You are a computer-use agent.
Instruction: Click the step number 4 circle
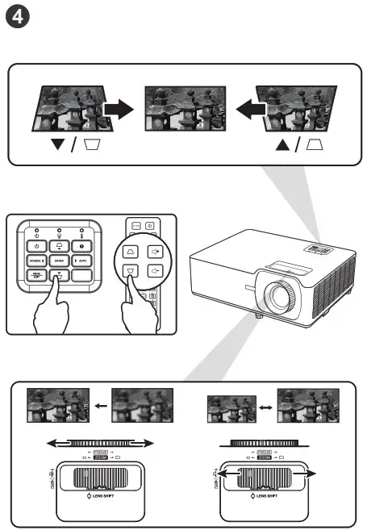coord(19,18)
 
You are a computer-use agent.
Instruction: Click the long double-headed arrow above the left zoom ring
coord(98,442)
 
